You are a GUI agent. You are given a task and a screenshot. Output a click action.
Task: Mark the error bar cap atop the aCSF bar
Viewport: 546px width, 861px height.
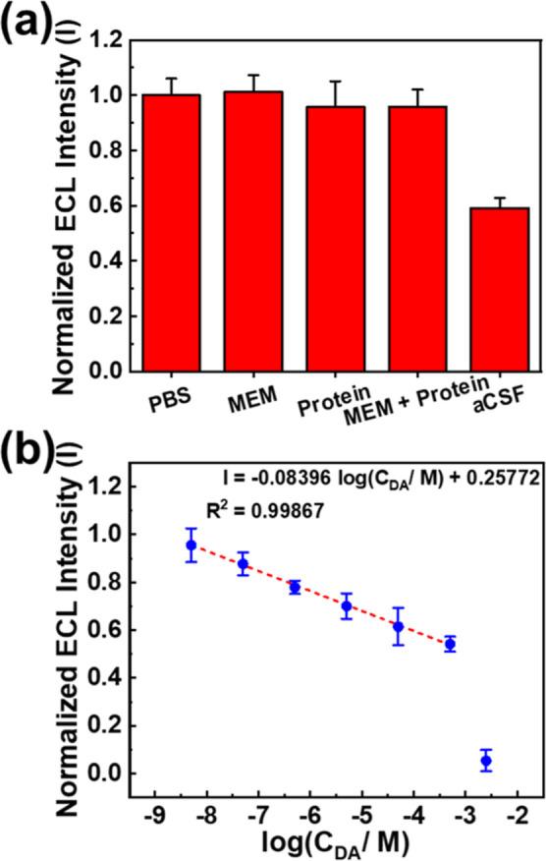[x=502, y=198]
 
